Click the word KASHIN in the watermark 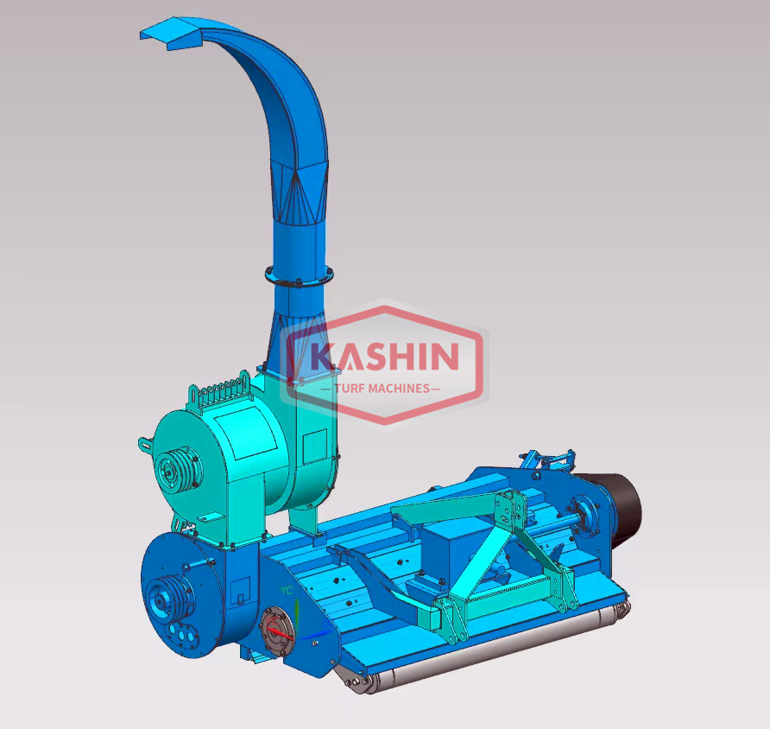tap(385, 357)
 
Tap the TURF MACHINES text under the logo tap(382, 388)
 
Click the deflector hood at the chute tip tap(172, 33)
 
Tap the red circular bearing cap tap(277, 631)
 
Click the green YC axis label tap(287, 590)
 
